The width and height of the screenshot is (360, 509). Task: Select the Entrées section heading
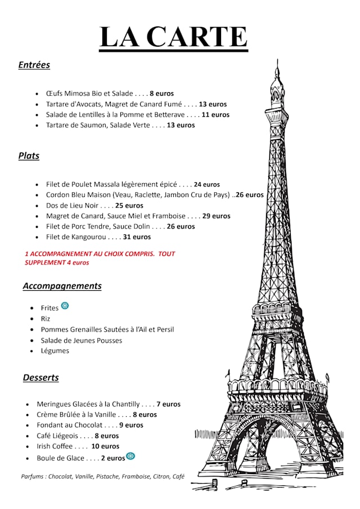(34, 65)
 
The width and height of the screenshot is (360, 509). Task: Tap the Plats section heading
(29, 156)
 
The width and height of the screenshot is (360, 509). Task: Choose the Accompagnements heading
(62, 286)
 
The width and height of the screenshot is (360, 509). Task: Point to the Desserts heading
(40, 377)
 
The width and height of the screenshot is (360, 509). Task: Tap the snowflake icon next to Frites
(65, 305)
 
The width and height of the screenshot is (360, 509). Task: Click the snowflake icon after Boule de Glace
(130, 456)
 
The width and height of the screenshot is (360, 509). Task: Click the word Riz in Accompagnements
(46, 318)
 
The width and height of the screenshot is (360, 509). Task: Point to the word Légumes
(55, 350)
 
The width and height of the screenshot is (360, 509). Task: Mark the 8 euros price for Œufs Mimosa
(161, 93)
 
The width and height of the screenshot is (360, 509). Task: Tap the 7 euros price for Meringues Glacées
(168, 404)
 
